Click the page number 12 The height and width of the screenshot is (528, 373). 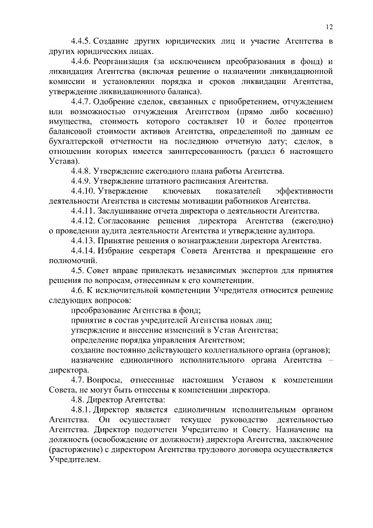click(329, 27)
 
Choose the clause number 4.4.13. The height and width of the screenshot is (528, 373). click(84, 240)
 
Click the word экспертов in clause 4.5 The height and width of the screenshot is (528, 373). click(251, 270)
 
